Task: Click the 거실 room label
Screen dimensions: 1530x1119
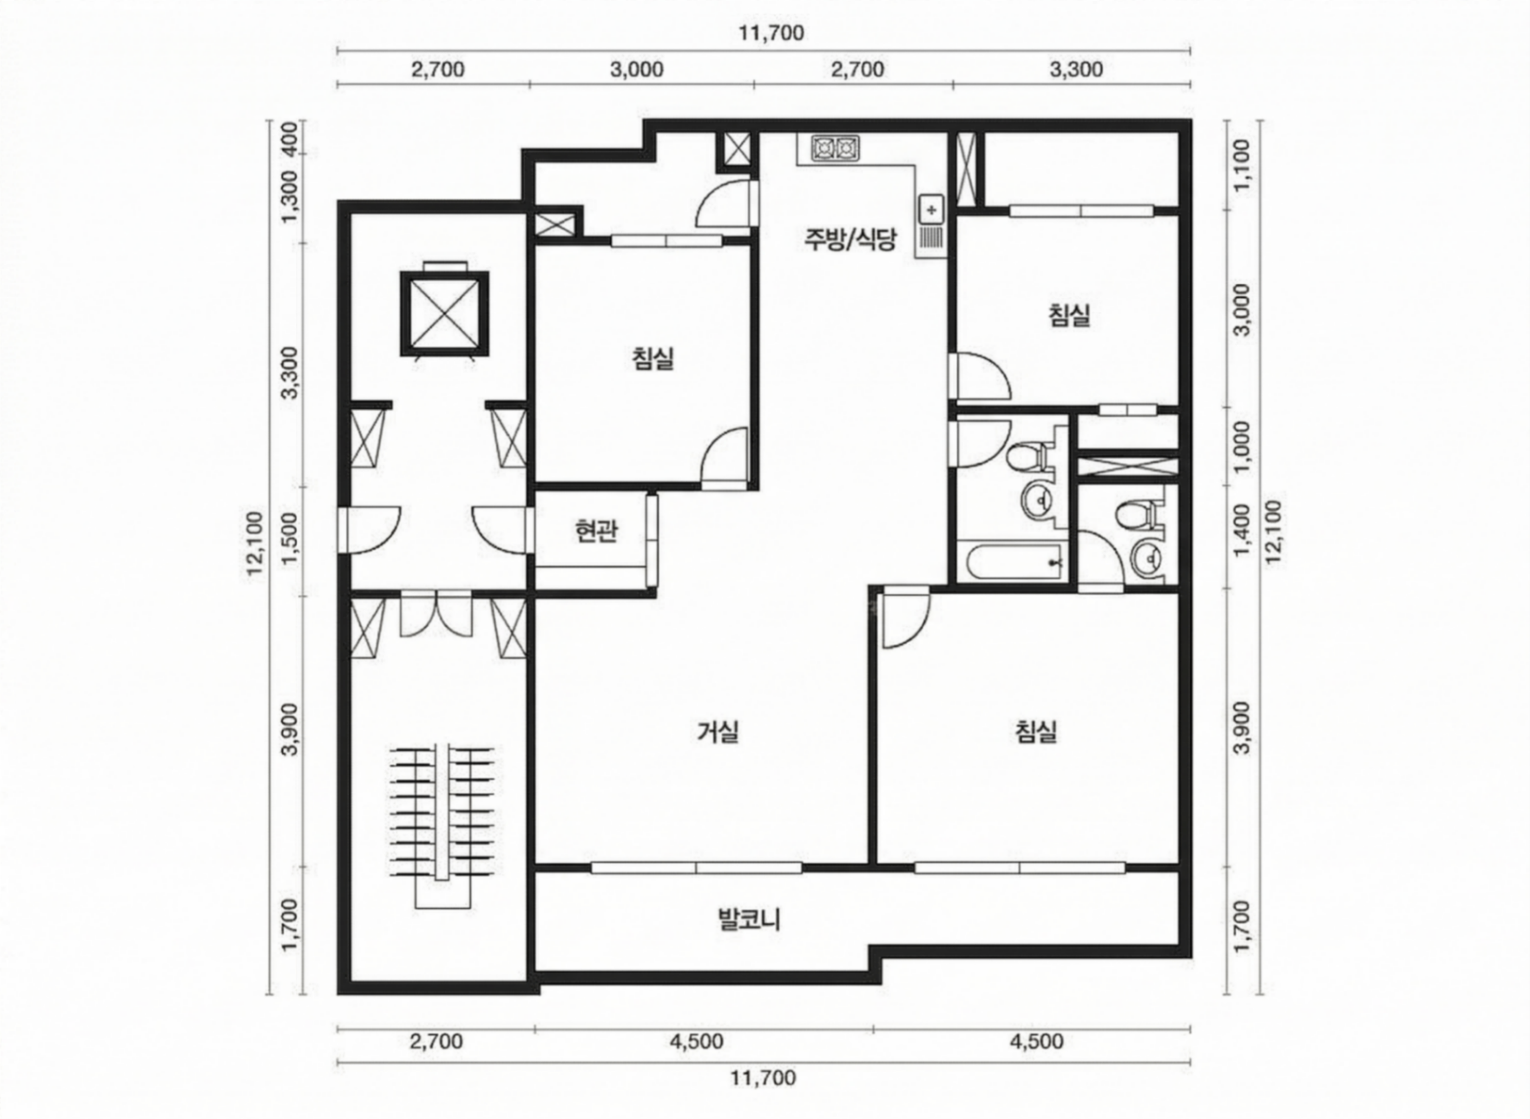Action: tap(718, 732)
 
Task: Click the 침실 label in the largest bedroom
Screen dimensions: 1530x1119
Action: tap(1036, 732)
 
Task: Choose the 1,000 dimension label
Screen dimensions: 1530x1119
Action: tap(1242, 447)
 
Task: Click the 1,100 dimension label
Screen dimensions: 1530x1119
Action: tap(1242, 165)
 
